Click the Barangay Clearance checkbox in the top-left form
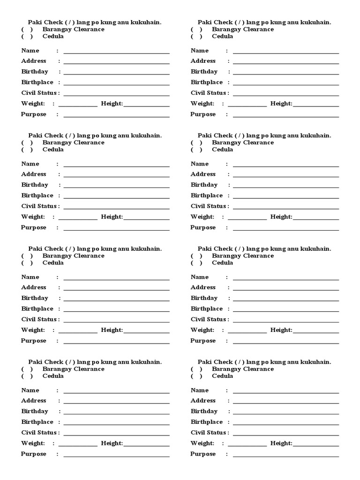click(x=27, y=30)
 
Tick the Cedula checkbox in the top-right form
click(x=196, y=37)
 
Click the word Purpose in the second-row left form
click(x=34, y=227)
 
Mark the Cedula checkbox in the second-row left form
click(x=27, y=150)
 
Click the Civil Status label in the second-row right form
click(x=209, y=206)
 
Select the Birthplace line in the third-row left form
click(x=116, y=310)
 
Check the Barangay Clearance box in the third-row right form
click(x=196, y=256)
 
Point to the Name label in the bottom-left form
click(x=30, y=390)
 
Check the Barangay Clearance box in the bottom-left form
click(x=27, y=369)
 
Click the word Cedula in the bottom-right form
click(x=223, y=376)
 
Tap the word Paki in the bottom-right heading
click(x=205, y=362)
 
